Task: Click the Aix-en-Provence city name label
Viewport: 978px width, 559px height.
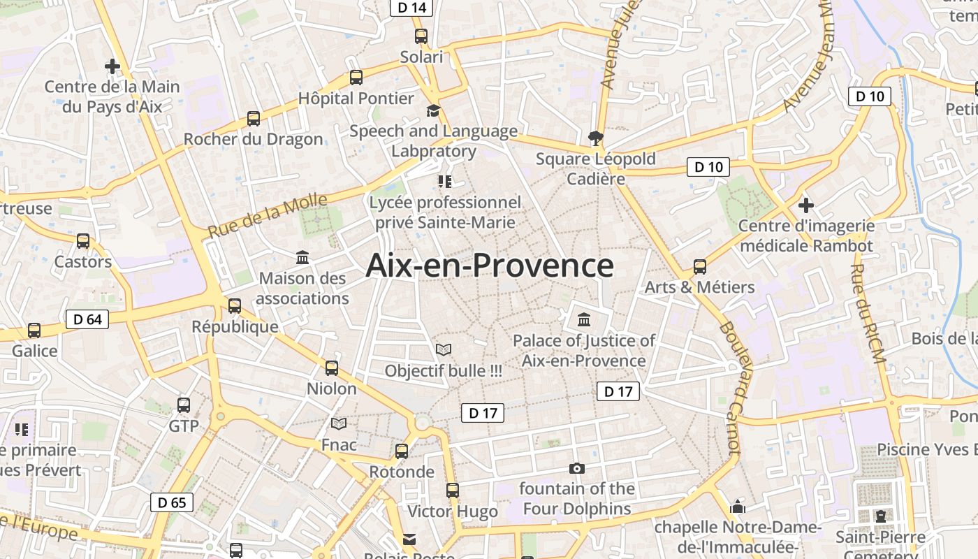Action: tap(490, 266)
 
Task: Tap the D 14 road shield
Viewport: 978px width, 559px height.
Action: tap(411, 7)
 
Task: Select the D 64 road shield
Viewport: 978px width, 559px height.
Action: tap(87, 319)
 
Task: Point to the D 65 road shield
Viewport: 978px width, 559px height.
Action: tap(172, 502)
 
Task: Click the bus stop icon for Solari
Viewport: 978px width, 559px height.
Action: tap(421, 36)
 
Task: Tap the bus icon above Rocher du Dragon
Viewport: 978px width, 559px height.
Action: tap(253, 119)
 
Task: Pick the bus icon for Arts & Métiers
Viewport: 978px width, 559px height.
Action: tap(699, 266)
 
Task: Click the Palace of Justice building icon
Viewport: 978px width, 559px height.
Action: tap(583, 320)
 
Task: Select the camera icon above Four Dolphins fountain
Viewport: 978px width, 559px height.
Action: tap(576, 468)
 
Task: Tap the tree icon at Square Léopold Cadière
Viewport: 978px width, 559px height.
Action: tap(595, 138)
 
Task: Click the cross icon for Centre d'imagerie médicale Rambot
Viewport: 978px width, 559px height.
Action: tap(806, 205)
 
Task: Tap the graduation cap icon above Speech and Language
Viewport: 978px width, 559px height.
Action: tap(433, 110)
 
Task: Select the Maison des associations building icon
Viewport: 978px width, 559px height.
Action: tap(302, 258)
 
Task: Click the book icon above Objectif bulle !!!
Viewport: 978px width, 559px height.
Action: tap(443, 349)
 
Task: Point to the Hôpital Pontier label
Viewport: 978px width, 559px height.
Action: tap(356, 99)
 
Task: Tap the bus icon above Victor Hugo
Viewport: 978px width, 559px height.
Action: tap(453, 491)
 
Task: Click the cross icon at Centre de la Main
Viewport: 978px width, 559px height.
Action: tap(112, 66)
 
